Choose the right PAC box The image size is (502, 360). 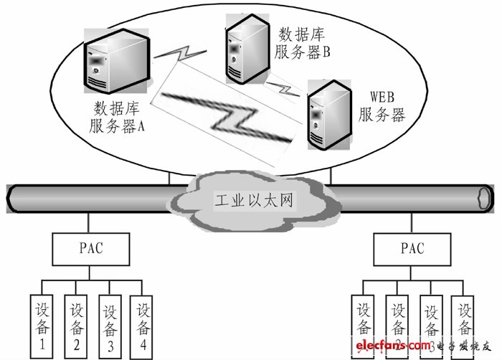click(413, 249)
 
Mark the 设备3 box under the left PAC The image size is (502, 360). click(110, 324)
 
